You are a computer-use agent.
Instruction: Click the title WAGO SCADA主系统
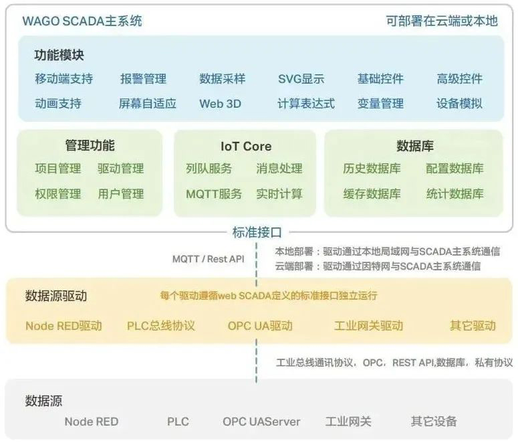pyautogui.click(x=82, y=21)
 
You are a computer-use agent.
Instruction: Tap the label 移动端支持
pyautogui.click(x=63, y=79)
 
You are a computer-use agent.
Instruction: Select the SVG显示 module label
pyautogui.click(x=301, y=79)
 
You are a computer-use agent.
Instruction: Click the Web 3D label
pyautogui.click(x=220, y=104)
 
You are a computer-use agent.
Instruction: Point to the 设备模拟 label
pyautogui.click(x=459, y=104)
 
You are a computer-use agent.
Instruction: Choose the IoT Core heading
pyautogui.click(x=246, y=146)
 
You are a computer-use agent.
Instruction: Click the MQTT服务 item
pyautogui.click(x=214, y=194)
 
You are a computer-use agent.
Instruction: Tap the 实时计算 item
pyautogui.click(x=279, y=194)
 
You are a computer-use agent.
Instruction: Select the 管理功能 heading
pyautogui.click(x=90, y=145)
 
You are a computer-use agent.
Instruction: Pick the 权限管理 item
pyautogui.click(x=57, y=194)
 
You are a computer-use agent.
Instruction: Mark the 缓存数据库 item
pyautogui.click(x=372, y=194)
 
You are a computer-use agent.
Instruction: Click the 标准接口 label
pyautogui.click(x=257, y=233)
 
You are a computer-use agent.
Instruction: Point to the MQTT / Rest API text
pyautogui.click(x=209, y=259)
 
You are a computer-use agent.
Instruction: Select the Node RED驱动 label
pyautogui.click(x=63, y=326)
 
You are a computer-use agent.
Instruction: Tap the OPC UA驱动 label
pyautogui.click(x=260, y=326)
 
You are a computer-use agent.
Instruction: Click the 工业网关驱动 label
pyautogui.click(x=368, y=326)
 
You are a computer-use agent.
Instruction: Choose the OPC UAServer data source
pyautogui.click(x=261, y=422)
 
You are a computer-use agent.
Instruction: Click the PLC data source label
pyautogui.click(x=178, y=422)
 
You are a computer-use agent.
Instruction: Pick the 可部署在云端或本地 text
pyautogui.click(x=442, y=21)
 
